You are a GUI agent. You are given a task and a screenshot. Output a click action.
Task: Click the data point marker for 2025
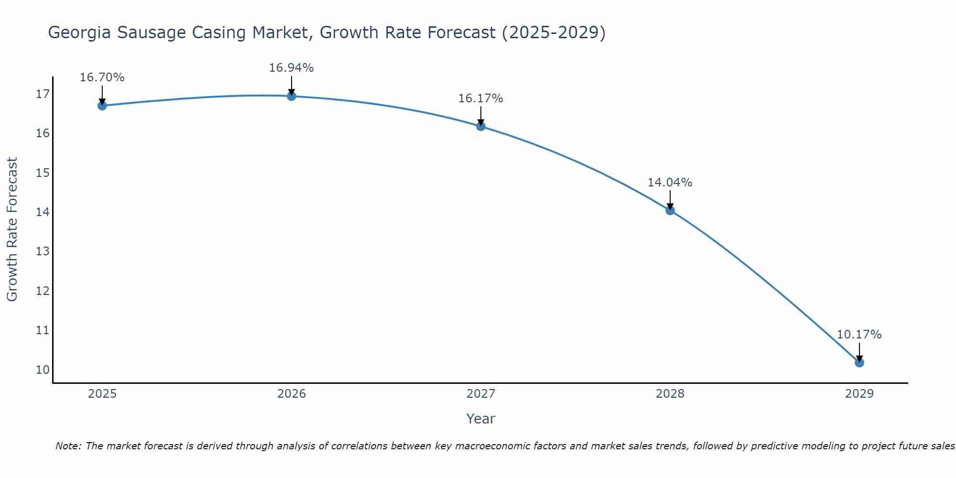pyautogui.click(x=102, y=106)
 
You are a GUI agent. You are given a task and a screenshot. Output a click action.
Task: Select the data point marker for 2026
pyautogui.click(x=292, y=96)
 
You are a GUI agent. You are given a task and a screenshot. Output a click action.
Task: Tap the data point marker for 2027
pyautogui.click(x=481, y=126)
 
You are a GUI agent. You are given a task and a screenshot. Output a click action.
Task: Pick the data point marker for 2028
pyautogui.click(x=670, y=210)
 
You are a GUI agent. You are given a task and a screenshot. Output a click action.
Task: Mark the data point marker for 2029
pyautogui.click(x=859, y=363)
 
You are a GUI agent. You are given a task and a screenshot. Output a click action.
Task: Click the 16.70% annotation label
pyautogui.click(x=102, y=77)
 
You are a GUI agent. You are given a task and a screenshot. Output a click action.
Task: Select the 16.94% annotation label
pyautogui.click(x=291, y=68)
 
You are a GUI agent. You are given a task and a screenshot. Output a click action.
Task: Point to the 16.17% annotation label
pyautogui.click(x=480, y=98)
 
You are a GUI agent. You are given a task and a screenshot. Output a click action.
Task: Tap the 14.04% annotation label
pyautogui.click(x=670, y=183)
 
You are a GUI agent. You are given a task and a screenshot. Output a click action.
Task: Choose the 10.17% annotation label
pyautogui.click(x=859, y=335)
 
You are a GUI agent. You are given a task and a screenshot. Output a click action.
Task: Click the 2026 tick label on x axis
pyautogui.click(x=292, y=394)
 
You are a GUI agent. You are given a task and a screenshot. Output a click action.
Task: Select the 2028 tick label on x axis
pyautogui.click(x=670, y=394)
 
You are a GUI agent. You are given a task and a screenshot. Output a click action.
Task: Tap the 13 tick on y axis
pyautogui.click(x=43, y=251)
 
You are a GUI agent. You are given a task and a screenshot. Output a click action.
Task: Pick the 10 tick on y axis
pyautogui.click(x=43, y=370)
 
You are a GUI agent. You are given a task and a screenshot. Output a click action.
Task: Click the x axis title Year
pyautogui.click(x=480, y=419)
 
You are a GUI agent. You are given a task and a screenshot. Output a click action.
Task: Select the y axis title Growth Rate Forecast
pyautogui.click(x=12, y=229)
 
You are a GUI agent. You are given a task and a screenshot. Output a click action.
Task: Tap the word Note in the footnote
pyautogui.click(x=68, y=446)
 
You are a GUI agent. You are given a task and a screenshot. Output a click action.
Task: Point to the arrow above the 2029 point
pyautogui.click(x=859, y=351)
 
